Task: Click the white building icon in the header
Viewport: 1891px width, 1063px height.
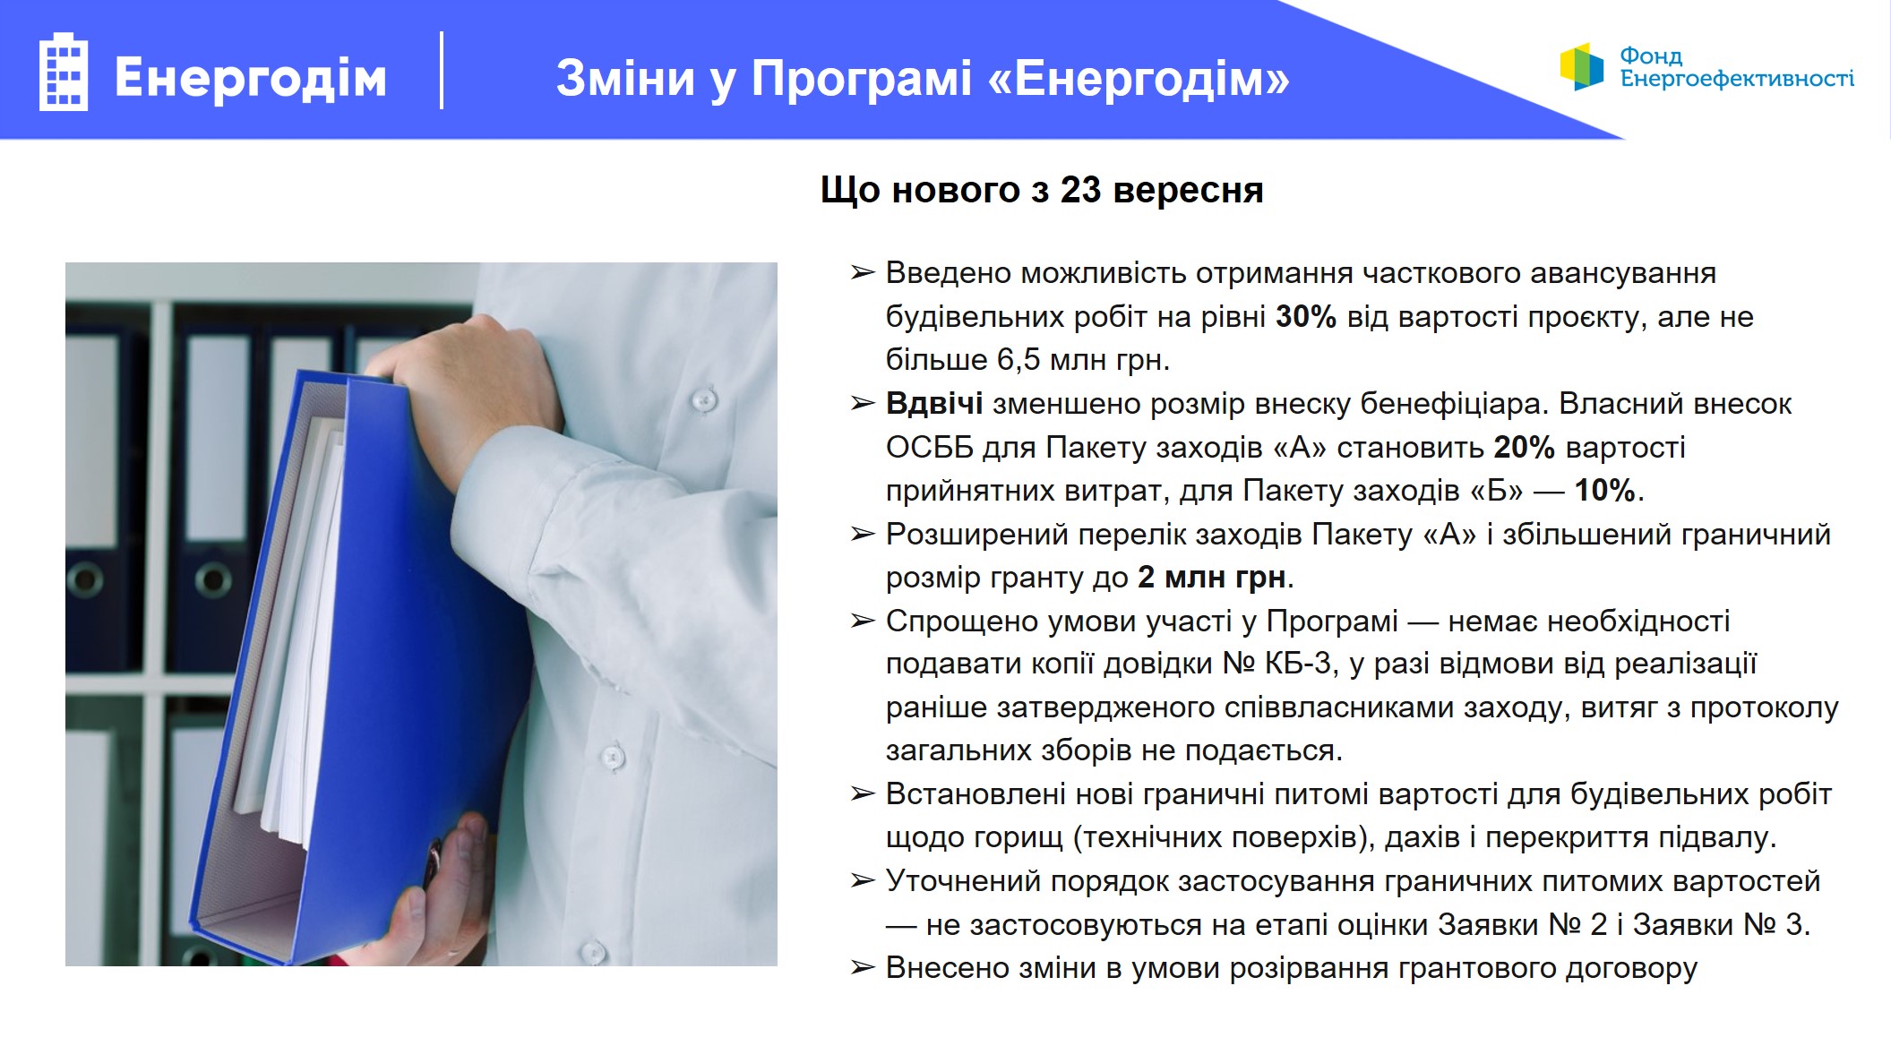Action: tap(64, 72)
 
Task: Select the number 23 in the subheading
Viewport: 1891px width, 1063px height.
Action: tap(1080, 190)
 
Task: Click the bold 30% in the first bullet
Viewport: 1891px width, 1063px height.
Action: tap(1305, 316)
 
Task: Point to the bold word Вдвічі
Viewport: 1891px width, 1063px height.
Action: tap(933, 404)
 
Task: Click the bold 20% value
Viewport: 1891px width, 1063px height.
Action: tap(1524, 447)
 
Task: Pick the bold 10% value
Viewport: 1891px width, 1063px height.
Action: tap(1605, 490)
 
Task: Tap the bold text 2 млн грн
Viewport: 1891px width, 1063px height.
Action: tap(1212, 577)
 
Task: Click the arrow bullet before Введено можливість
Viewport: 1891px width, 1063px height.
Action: tap(862, 272)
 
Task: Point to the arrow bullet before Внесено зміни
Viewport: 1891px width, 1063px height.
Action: tap(862, 967)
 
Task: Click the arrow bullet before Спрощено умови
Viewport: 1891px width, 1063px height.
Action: tap(862, 621)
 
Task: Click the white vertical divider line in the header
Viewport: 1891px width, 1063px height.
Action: tap(442, 71)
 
